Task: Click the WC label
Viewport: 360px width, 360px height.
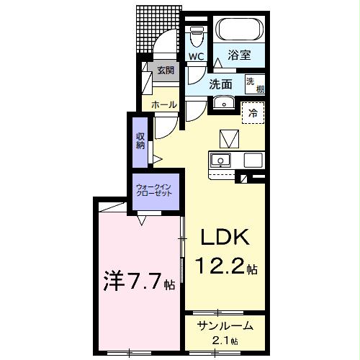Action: [x=196, y=55]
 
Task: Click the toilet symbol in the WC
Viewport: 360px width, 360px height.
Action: [x=197, y=35]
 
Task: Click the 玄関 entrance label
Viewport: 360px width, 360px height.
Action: [x=165, y=70]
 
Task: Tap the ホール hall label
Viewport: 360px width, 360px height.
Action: [x=164, y=105]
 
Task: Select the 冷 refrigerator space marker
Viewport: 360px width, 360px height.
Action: [x=252, y=112]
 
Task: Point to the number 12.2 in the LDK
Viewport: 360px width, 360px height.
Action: [x=219, y=268]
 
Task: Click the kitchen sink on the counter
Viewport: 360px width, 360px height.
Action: [x=220, y=160]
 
